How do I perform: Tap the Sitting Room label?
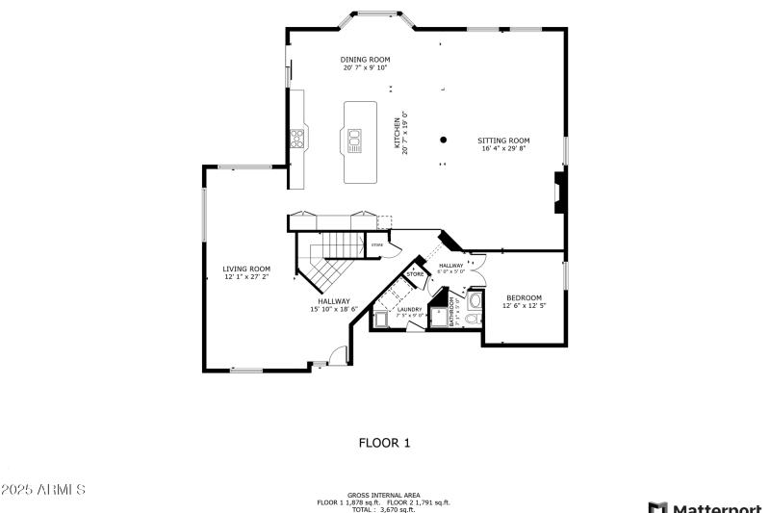[x=503, y=141]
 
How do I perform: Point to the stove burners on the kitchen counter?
[x=297, y=138]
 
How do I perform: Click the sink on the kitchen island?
[x=353, y=142]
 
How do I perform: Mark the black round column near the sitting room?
[x=444, y=140]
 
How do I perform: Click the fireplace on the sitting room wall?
[x=557, y=192]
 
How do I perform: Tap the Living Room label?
[x=246, y=269]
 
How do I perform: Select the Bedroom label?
[x=524, y=297]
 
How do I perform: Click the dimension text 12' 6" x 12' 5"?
[x=524, y=305]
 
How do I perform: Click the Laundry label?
[x=409, y=309]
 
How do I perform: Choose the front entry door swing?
[x=336, y=355]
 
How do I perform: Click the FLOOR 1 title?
[x=384, y=444]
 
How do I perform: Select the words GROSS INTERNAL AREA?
[x=384, y=495]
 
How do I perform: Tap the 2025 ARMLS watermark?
[x=43, y=490]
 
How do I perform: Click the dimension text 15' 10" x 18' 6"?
[x=334, y=309]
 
